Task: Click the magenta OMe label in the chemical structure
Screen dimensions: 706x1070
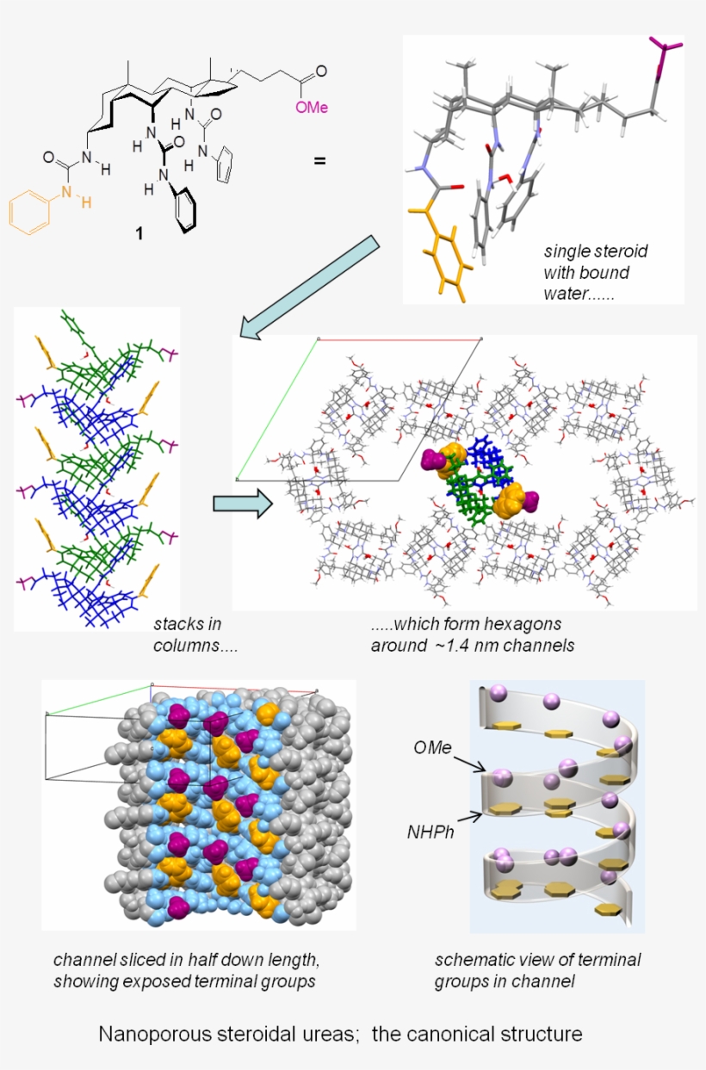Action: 312,108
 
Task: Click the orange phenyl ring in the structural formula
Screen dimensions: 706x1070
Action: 29,213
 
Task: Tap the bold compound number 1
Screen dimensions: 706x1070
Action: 139,233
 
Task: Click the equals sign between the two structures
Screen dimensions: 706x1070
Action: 319,160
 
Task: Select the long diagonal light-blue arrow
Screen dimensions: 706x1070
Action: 310,288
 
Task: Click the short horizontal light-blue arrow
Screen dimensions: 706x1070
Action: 243,504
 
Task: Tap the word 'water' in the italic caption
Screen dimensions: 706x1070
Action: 565,294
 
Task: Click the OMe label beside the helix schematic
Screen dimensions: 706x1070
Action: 432,747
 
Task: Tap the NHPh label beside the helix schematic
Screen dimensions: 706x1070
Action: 430,832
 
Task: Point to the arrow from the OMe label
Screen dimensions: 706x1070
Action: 469,764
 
